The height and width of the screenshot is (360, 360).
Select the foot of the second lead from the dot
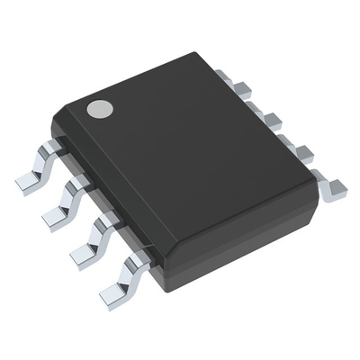point(56,214)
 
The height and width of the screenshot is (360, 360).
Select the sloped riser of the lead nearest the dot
point(43,164)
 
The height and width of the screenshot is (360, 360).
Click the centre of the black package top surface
point(184,162)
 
